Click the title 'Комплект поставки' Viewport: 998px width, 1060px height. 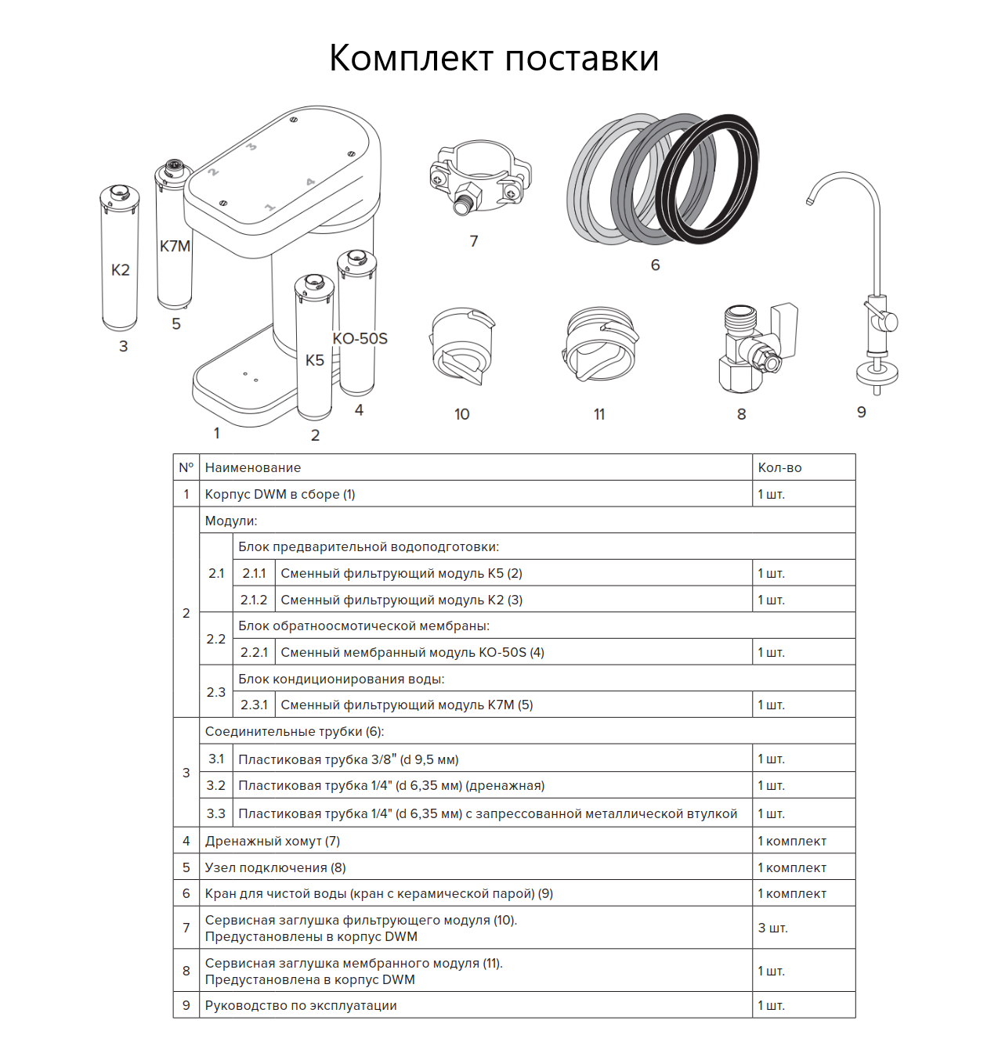point(494,59)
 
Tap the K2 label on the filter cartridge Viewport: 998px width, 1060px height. point(120,270)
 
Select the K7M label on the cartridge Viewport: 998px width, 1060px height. point(175,246)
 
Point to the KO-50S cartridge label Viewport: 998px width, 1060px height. point(360,338)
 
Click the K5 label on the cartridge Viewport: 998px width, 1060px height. point(315,360)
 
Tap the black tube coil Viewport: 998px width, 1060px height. point(709,178)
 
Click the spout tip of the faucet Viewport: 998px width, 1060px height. point(810,201)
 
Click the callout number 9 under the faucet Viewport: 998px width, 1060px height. point(861,413)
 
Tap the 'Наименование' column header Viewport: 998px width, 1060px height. point(253,468)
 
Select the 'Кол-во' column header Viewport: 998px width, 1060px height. point(779,468)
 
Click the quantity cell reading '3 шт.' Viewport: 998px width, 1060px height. point(772,928)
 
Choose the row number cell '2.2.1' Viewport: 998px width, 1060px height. point(254,653)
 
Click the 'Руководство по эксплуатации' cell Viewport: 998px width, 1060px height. point(301,1006)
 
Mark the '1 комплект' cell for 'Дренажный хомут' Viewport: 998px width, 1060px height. point(792,842)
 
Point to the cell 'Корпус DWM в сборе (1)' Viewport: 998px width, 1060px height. point(280,495)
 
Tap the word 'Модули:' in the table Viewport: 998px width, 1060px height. point(231,521)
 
